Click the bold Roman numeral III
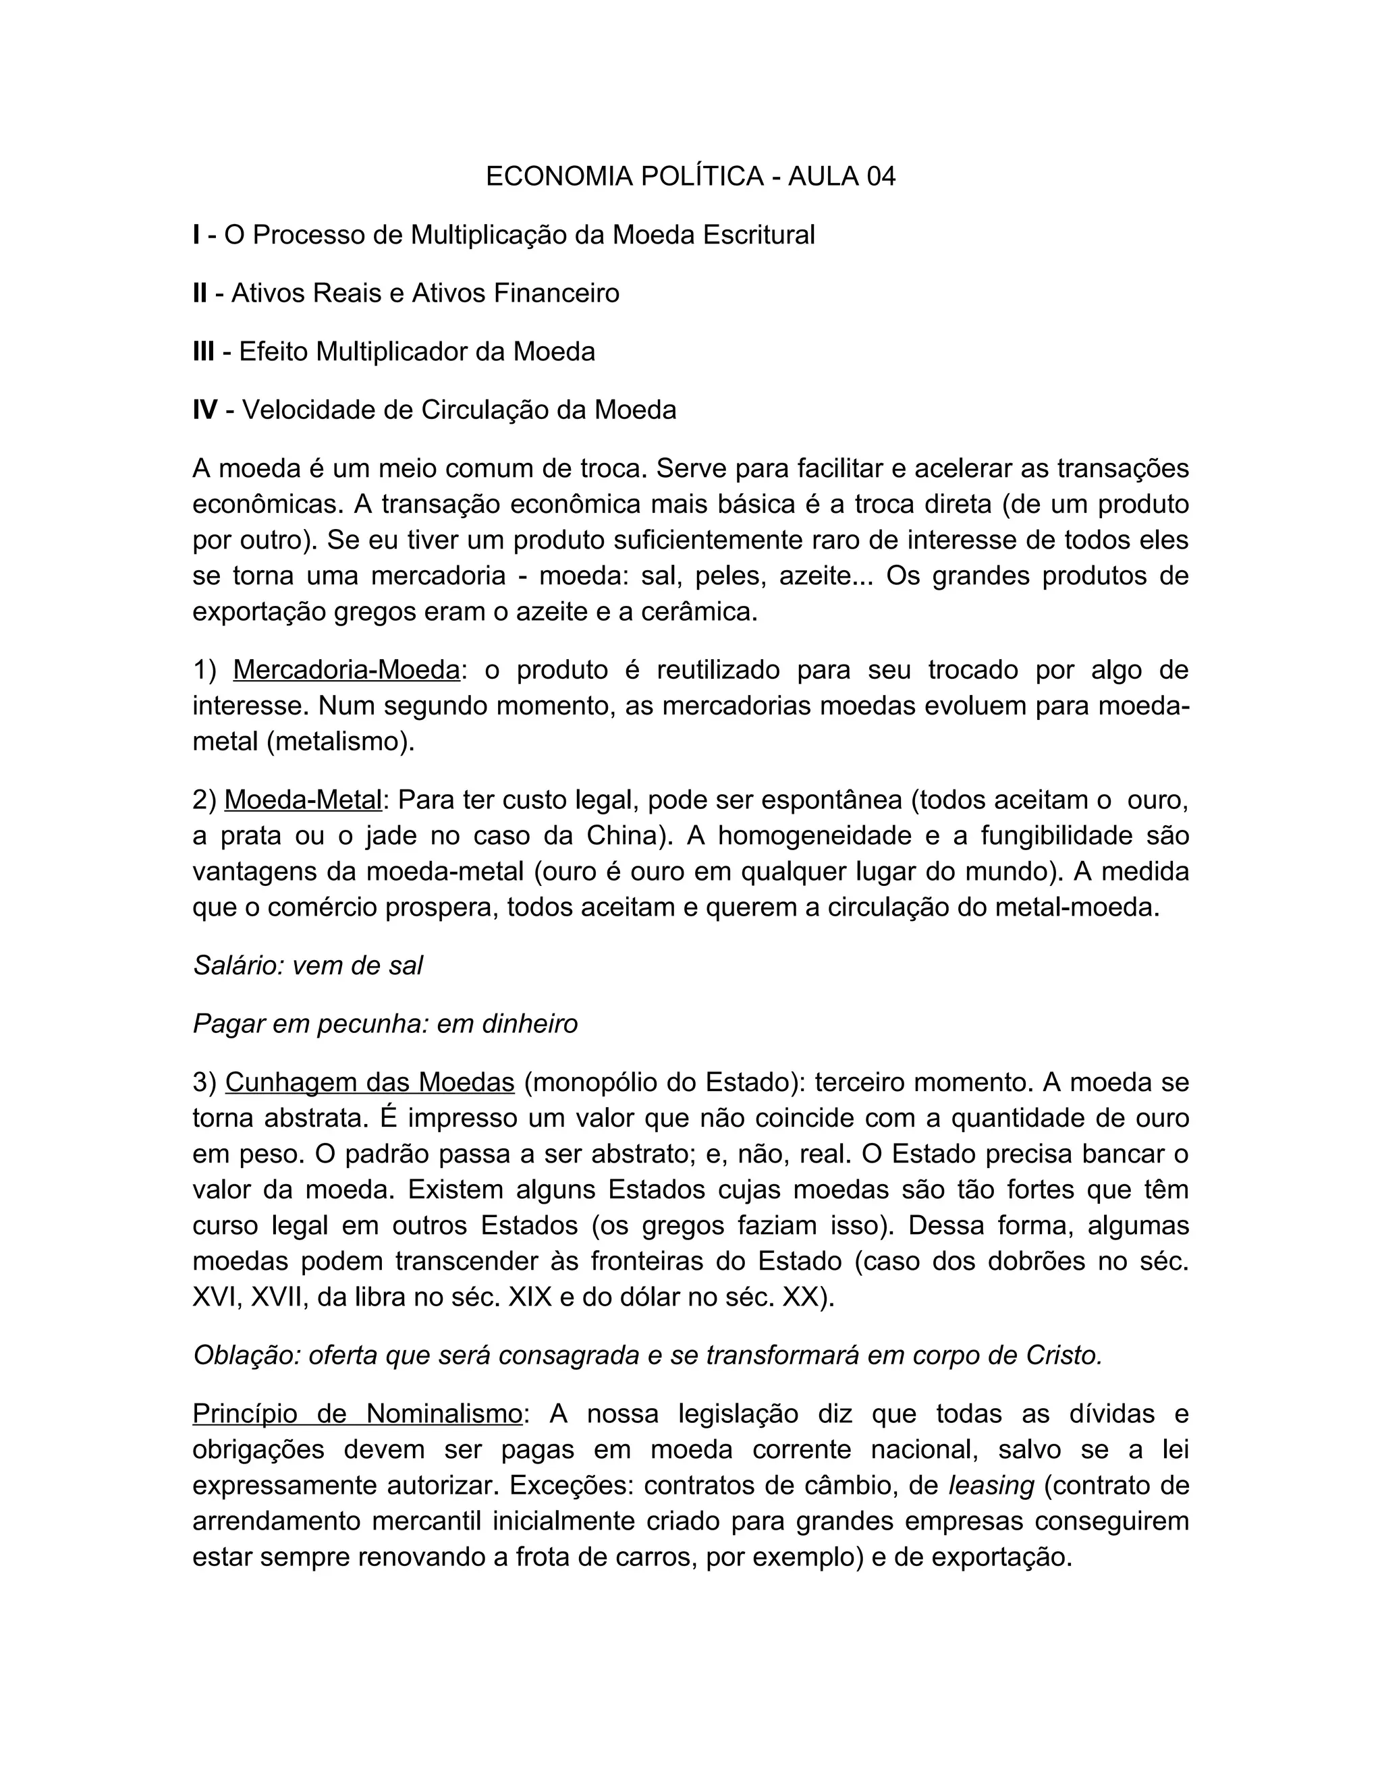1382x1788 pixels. click(x=204, y=352)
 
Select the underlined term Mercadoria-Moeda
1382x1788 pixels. click(x=346, y=670)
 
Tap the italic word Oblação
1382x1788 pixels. click(x=246, y=1356)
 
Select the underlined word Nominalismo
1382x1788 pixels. click(x=444, y=1414)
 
